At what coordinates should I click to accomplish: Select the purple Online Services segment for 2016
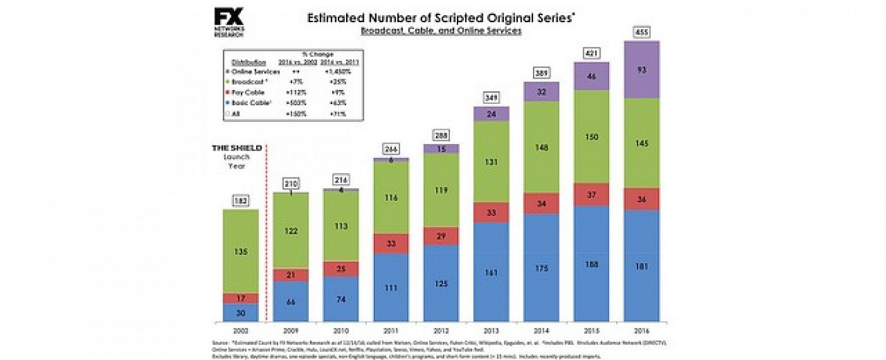point(641,69)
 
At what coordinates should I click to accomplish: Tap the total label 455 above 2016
point(641,32)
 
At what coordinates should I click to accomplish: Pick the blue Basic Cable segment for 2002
point(241,312)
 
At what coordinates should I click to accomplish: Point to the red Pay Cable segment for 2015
point(591,194)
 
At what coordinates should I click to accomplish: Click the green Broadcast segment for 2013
point(491,161)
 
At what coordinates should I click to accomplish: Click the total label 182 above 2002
point(241,201)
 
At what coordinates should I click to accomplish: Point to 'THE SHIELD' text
point(236,148)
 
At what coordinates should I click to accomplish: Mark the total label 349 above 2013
point(491,98)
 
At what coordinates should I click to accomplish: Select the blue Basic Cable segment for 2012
point(441,283)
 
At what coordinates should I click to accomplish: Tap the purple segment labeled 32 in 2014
point(541,91)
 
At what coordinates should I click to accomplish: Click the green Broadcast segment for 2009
point(291,230)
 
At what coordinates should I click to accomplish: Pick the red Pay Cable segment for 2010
point(341,269)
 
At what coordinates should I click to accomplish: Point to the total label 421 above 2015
point(591,53)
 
